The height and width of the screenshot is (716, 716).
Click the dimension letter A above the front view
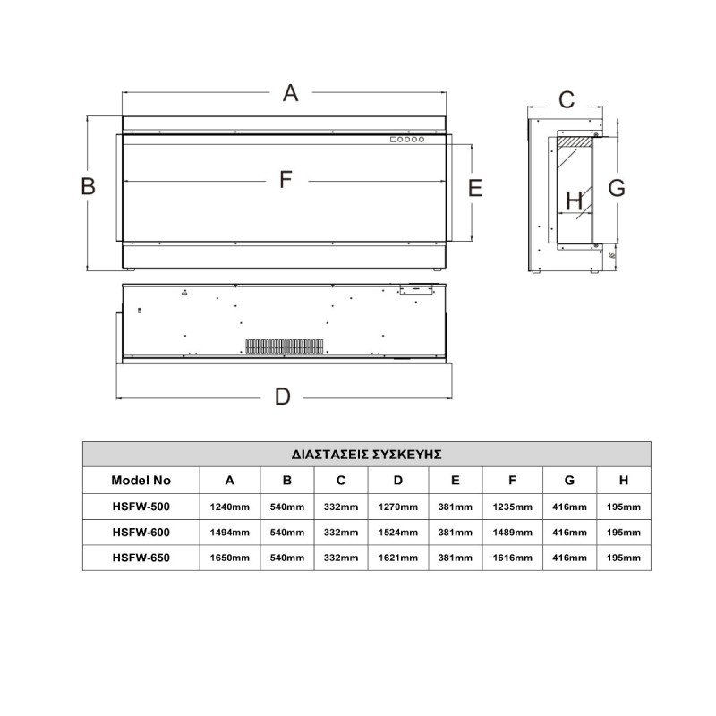point(290,93)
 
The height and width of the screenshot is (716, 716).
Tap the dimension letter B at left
point(88,186)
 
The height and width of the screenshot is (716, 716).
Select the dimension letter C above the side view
point(567,99)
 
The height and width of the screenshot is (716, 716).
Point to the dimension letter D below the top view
point(282,396)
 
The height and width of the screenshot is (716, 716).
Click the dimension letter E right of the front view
point(475,188)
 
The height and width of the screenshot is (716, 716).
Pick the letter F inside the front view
point(286,180)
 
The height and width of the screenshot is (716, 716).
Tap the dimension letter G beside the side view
point(617,188)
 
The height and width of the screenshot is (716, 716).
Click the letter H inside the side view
point(574,200)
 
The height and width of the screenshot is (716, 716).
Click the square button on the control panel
point(393,140)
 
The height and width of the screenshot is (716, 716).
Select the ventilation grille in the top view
point(285,346)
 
